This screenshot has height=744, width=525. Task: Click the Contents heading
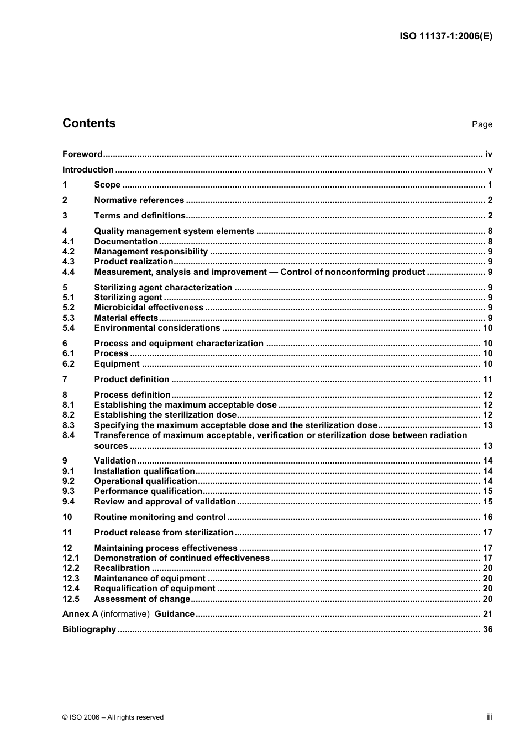tap(89, 123)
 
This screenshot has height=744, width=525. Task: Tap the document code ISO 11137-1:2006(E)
tap(445, 37)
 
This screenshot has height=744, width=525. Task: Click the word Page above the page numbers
tap(482, 124)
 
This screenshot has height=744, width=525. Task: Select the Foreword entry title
tap(82, 154)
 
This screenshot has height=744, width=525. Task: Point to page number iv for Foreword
tap(489, 154)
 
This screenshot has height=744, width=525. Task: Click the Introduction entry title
tap(88, 170)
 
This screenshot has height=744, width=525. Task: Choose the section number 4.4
tap(69, 272)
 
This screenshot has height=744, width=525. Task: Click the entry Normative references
tap(139, 200)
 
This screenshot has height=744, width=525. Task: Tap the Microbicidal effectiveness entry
tap(149, 308)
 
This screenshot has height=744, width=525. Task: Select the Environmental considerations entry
tap(157, 328)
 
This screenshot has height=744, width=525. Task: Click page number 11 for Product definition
tap(487, 379)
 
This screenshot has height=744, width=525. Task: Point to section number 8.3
tap(69, 425)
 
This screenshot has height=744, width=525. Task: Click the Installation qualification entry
tap(144, 471)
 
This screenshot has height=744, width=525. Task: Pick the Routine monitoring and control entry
tap(160, 517)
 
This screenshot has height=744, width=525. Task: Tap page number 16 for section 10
tap(487, 517)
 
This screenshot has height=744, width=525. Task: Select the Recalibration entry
tap(122, 568)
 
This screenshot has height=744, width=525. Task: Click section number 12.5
tap(71, 599)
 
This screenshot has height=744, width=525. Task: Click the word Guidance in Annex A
tap(175, 614)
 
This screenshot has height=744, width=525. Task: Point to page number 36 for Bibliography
tap(487, 629)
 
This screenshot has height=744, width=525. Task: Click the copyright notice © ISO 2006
tap(113, 717)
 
